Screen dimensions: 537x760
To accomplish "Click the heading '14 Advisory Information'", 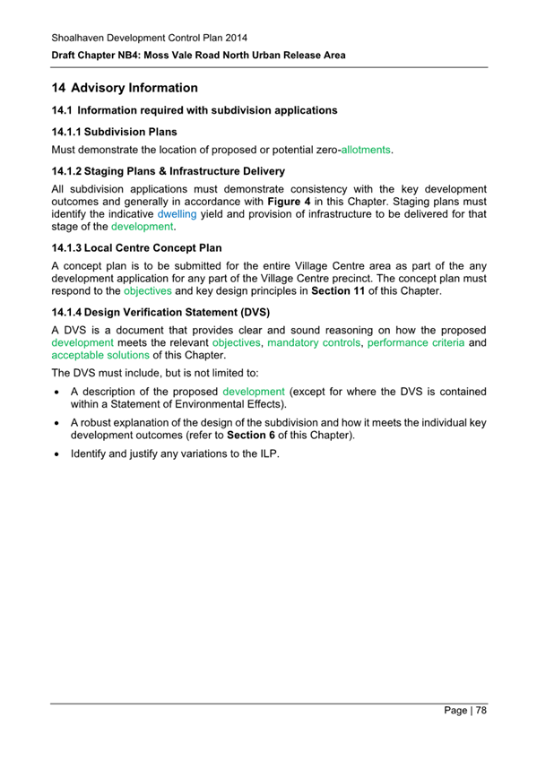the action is coord(124,88).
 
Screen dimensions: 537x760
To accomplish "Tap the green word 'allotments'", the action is coord(366,149).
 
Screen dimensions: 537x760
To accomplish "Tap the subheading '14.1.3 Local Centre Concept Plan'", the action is coord(143,247).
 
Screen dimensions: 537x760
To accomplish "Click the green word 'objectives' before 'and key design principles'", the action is coord(148,291).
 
